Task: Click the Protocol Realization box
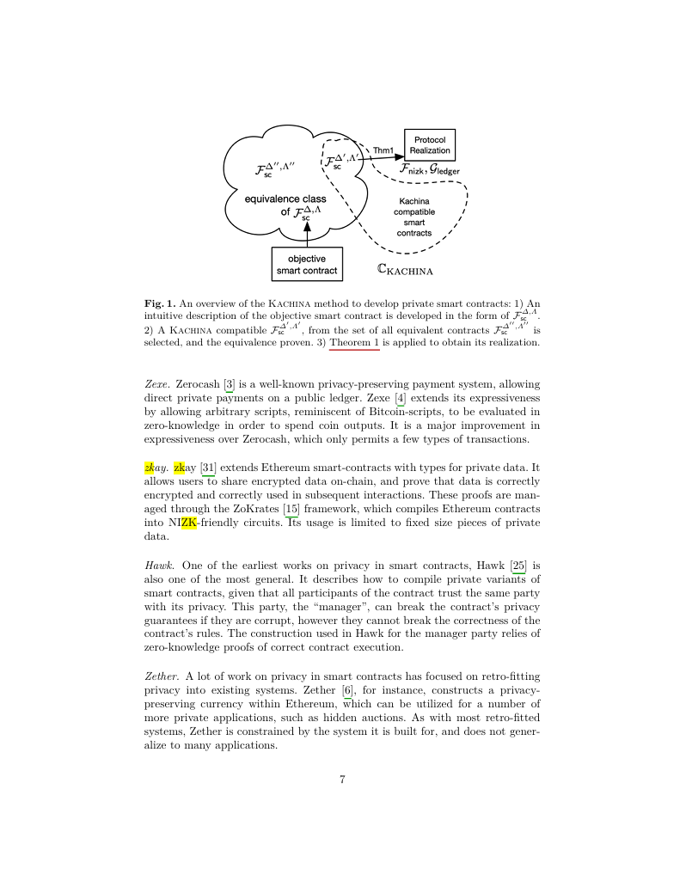pyautogui.click(x=429, y=144)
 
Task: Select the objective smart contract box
pyautogui.click(x=307, y=264)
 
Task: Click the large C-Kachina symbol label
pyautogui.click(x=404, y=270)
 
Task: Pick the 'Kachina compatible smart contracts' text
pyautogui.click(x=414, y=217)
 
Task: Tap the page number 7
pyautogui.click(x=342, y=780)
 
